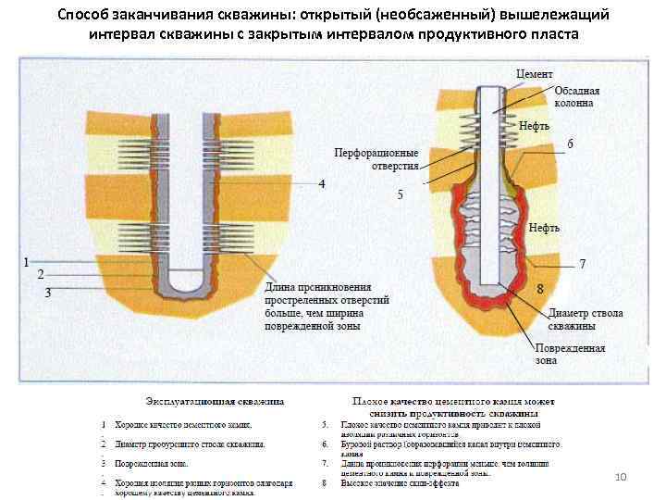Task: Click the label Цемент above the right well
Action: pyautogui.click(x=536, y=73)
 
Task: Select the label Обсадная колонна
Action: pyautogui.click(x=576, y=97)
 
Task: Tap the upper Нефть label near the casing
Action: pyautogui.click(x=534, y=123)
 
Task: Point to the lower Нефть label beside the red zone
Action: pyautogui.click(x=544, y=227)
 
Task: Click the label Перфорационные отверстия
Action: pyautogui.click(x=376, y=158)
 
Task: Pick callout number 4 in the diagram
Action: pyautogui.click(x=322, y=184)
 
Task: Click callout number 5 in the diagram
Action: pyautogui.click(x=400, y=194)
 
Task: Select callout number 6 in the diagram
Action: pyautogui.click(x=570, y=144)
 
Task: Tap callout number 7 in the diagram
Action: pyautogui.click(x=583, y=264)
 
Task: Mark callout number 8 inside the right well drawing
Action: pyautogui.click(x=539, y=289)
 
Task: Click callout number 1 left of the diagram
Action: pyautogui.click(x=27, y=261)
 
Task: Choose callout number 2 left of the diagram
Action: pyautogui.click(x=41, y=275)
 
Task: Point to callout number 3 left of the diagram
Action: pyautogui.click(x=48, y=292)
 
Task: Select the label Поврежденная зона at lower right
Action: pyautogui.click(x=569, y=355)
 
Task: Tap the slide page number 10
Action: pyautogui.click(x=621, y=476)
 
